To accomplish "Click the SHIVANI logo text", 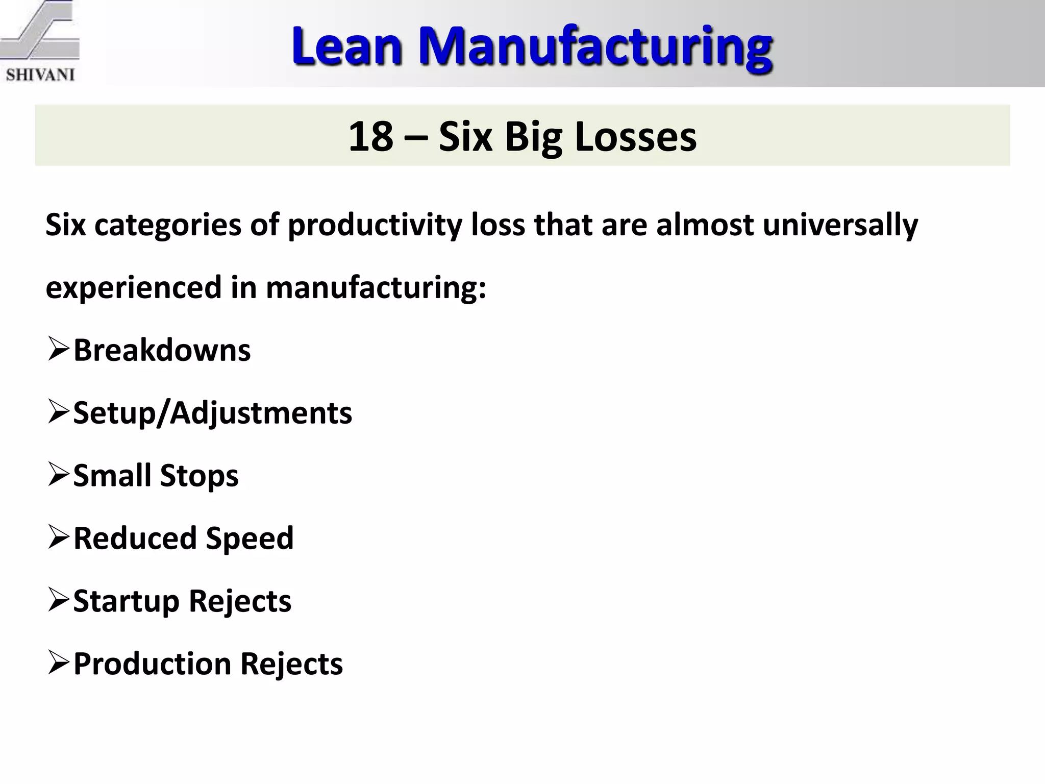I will click(40, 75).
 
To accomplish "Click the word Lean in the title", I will click(347, 47).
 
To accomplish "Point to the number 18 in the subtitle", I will click(370, 136).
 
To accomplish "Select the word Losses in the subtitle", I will click(635, 136).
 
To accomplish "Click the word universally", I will click(840, 225).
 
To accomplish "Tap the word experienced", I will click(134, 287).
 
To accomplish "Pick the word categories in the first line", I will click(168, 225).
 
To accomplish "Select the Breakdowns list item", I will click(162, 350).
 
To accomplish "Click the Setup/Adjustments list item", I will click(212, 413).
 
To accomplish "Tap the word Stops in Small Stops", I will click(199, 476).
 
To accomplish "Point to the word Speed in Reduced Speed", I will click(250, 538).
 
